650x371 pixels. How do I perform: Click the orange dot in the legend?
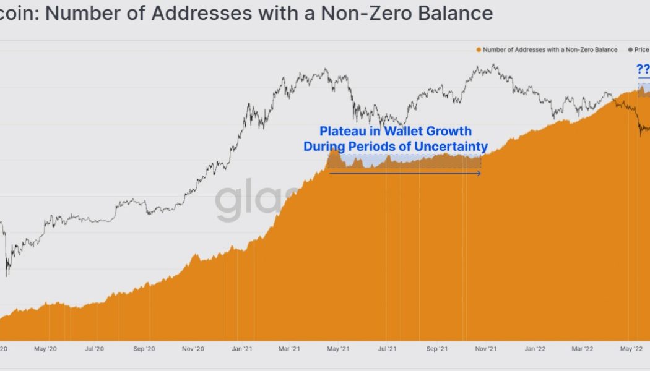[x=479, y=49]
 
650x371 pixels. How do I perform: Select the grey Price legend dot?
[x=630, y=49]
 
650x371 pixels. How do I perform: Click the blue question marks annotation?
[x=643, y=69]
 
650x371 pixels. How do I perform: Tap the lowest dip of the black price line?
[x=7, y=276]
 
